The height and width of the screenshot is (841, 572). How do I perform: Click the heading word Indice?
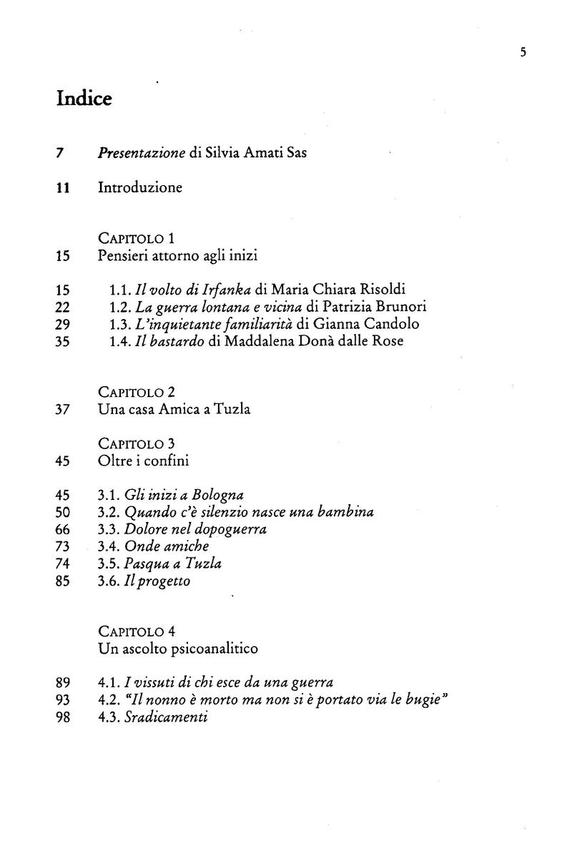84,99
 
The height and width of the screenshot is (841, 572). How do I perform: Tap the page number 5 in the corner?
523,51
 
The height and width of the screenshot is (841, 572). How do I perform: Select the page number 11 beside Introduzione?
62,188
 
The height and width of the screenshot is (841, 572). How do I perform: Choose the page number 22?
62,307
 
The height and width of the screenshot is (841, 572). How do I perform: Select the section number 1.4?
120,341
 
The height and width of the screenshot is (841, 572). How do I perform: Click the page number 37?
62,410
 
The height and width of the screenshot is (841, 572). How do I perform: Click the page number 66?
62,529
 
